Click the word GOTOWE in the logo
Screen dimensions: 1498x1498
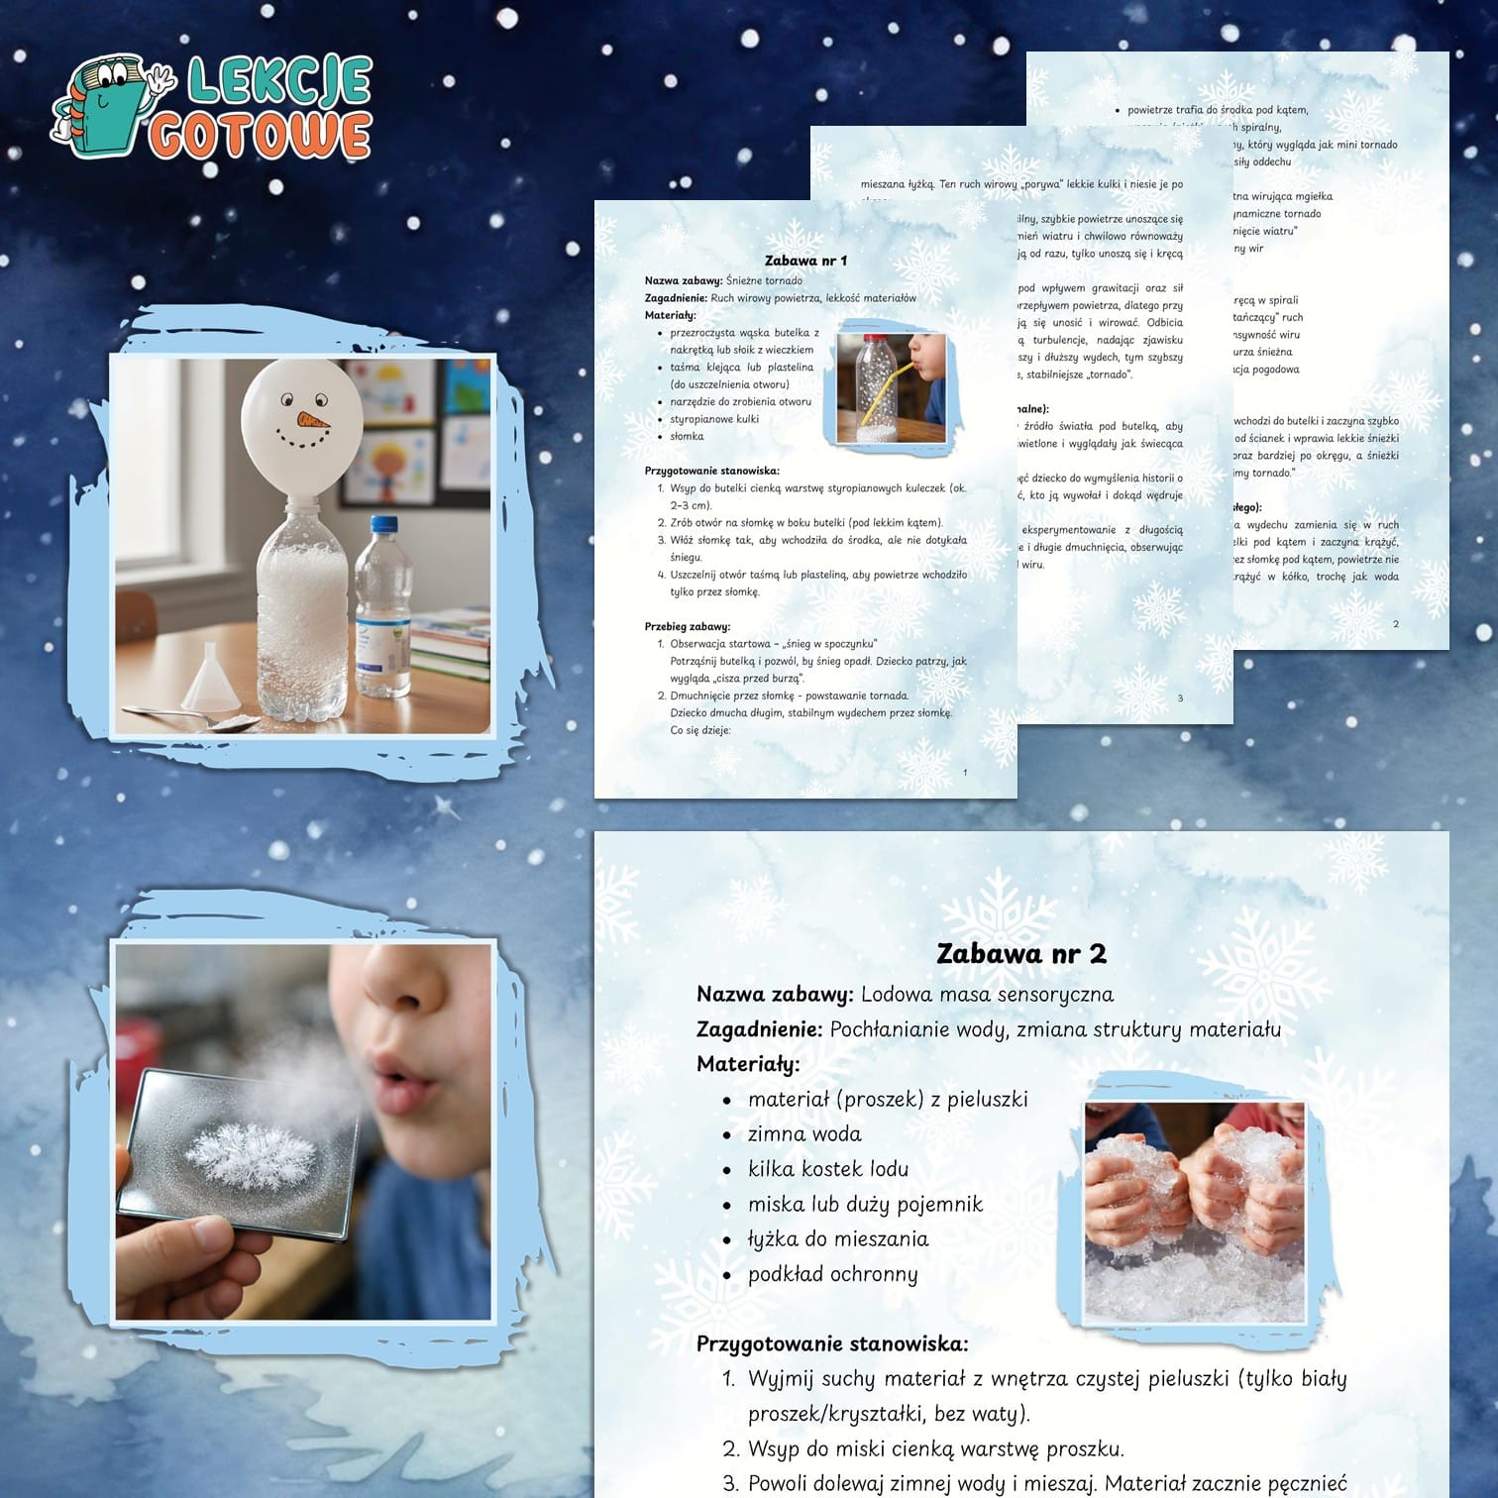[261, 136]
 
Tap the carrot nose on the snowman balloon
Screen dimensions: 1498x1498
[312, 418]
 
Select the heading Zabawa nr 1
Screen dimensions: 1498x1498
[805, 261]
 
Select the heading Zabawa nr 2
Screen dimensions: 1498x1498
[1020, 953]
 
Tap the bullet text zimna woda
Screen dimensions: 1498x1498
[804, 1133]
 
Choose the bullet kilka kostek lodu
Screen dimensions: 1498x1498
[827, 1169]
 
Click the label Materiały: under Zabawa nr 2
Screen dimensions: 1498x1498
[748, 1064]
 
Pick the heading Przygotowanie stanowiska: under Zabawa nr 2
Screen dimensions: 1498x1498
[832, 1343]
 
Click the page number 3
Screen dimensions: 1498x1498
[1180, 698]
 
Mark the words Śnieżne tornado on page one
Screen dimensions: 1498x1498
[764, 280]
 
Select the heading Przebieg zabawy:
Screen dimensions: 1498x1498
[687, 626]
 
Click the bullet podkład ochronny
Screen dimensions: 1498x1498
[832, 1274]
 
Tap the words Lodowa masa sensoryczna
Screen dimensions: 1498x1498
[987, 994]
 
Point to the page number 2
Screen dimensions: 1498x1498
[1396, 624]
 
